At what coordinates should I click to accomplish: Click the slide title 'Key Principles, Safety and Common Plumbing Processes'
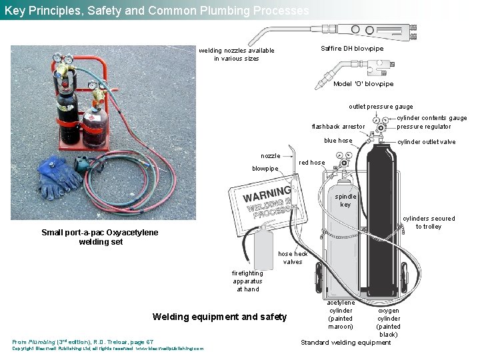(157, 11)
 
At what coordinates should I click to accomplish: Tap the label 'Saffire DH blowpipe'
(352, 49)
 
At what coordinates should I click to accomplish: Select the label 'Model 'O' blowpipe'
(363, 84)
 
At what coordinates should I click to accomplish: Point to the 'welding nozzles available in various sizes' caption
(236, 55)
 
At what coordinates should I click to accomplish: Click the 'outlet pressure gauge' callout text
(381, 107)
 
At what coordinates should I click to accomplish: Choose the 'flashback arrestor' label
(338, 127)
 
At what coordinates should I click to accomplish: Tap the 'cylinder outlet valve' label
(427, 142)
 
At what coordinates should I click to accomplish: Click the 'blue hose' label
(338, 141)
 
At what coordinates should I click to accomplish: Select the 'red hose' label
(312, 163)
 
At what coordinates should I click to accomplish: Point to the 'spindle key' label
(345, 201)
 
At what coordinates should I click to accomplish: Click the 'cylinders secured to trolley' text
(429, 223)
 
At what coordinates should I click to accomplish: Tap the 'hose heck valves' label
(293, 258)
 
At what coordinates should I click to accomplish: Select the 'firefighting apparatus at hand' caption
(247, 281)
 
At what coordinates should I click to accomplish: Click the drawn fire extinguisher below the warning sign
(265, 250)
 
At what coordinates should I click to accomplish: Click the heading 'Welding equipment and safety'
(219, 317)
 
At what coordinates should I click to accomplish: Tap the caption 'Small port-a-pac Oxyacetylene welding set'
(100, 237)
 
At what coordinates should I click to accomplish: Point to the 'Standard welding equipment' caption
(345, 343)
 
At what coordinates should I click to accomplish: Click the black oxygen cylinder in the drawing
(381, 220)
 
